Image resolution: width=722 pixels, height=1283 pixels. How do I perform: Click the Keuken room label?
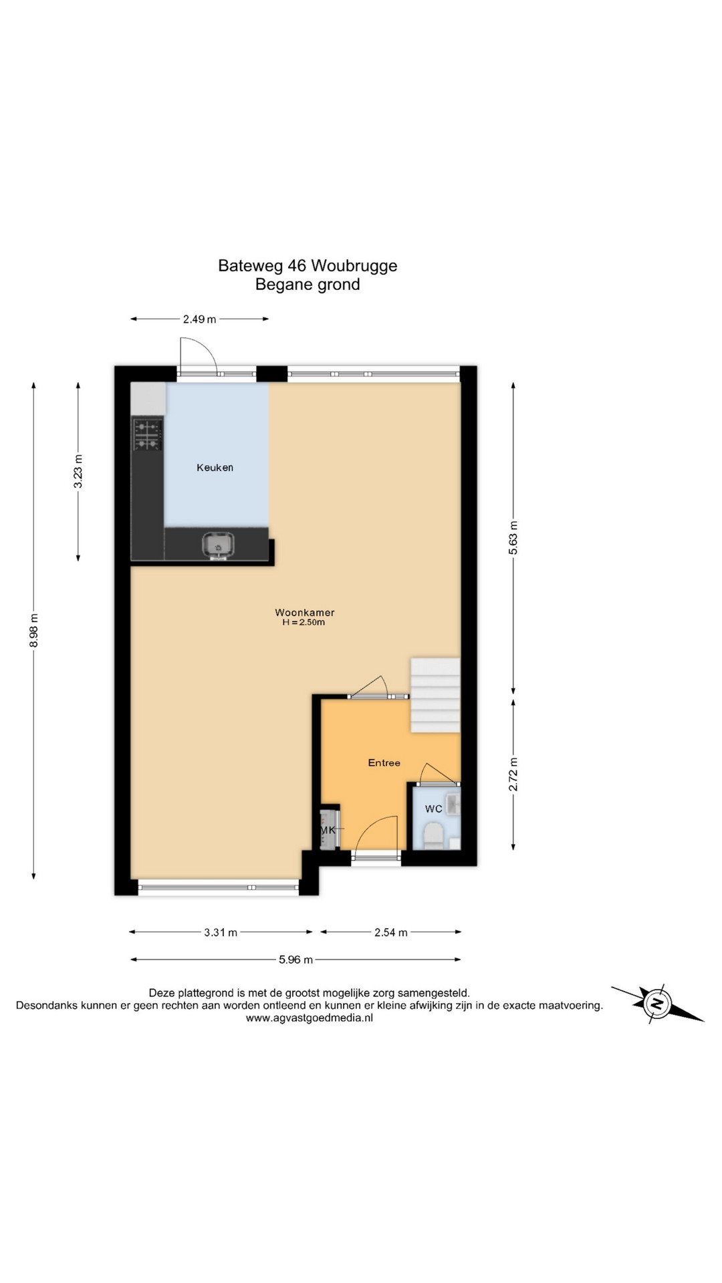pyautogui.click(x=215, y=468)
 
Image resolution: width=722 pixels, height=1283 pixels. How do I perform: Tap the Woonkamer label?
pyautogui.click(x=305, y=612)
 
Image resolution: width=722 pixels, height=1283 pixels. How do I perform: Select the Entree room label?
pyautogui.click(x=384, y=762)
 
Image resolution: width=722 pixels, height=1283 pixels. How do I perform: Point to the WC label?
pyautogui.click(x=434, y=809)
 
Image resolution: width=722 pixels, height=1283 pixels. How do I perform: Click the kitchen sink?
pyautogui.click(x=219, y=545)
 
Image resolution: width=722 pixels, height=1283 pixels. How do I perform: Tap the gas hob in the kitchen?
pyautogui.click(x=148, y=434)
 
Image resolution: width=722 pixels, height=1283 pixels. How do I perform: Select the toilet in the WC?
pyautogui.click(x=433, y=836)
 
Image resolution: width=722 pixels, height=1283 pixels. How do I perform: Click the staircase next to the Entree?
pyautogui.click(x=435, y=695)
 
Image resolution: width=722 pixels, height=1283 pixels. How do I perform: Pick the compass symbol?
pyautogui.click(x=658, y=1003)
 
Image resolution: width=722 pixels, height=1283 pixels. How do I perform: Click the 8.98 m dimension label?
pyautogui.click(x=34, y=629)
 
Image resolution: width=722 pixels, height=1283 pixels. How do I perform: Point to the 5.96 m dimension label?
pyautogui.click(x=295, y=960)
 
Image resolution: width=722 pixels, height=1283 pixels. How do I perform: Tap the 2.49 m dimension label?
pyautogui.click(x=200, y=319)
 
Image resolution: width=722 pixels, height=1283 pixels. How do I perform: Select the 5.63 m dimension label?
pyautogui.click(x=513, y=538)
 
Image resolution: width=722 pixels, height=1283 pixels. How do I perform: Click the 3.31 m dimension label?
pyautogui.click(x=221, y=932)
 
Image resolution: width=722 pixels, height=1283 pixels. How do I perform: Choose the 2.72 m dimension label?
pyautogui.click(x=513, y=774)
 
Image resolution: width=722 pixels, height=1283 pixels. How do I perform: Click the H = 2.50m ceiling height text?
pyautogui.click(x=304, y=623)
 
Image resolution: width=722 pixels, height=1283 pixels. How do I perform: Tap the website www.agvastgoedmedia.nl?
pyautogui.click(x=310, y=1018)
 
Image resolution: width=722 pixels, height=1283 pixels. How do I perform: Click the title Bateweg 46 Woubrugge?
pyautogui.click(x=308, y=265)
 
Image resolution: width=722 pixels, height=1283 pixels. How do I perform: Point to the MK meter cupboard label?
pyautogui.click(x=328, y=830)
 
